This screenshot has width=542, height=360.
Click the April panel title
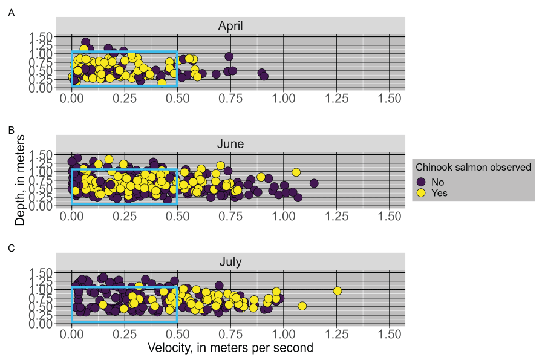click(230, 25)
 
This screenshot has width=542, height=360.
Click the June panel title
click(230, 143)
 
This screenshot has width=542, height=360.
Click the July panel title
click(230, 262)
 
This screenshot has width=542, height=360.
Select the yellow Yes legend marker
click(422, 193)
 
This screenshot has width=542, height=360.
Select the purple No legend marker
click(422, 182)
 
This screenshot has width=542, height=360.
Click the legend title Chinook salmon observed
click(472, 167)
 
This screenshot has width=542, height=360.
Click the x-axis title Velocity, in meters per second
click(230, 348)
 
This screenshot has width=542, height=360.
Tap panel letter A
click(11, 11)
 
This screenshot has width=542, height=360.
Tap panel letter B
click(11, 129)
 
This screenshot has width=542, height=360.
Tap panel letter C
click(11, 248)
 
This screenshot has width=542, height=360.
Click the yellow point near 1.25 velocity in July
click(338, 291)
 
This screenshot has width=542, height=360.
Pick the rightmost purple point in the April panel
click(264, 76)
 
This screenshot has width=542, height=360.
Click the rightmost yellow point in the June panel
click(296, 172)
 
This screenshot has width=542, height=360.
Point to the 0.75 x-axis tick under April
click(230, 98)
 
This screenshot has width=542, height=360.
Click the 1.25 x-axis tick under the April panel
click(336, 98)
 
